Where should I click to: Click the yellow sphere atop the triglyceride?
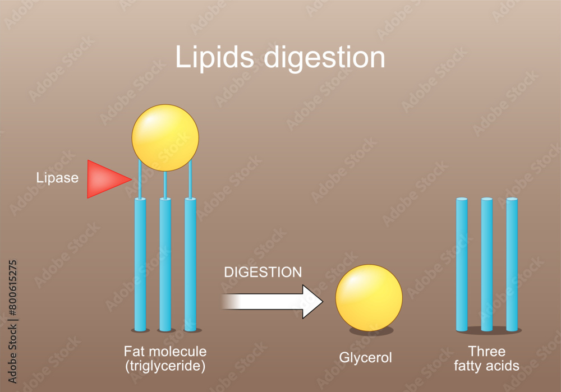pos(165,137)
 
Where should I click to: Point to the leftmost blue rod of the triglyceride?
pos(140,264)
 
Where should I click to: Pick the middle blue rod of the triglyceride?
pos(165,264)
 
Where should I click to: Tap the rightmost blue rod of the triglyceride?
pos(190,264)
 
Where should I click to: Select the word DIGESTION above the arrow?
pos(263,273)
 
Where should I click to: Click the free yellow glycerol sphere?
pos(369,298)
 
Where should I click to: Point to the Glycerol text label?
pos(365,358)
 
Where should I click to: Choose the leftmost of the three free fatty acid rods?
pos(462,264)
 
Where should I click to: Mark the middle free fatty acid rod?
pos(487,264)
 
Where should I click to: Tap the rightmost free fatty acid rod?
pos(512,264)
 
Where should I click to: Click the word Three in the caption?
pos(487,352)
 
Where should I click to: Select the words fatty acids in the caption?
pos(487,366)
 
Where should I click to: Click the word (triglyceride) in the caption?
pos(165,366)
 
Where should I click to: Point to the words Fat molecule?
pos(165,352)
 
